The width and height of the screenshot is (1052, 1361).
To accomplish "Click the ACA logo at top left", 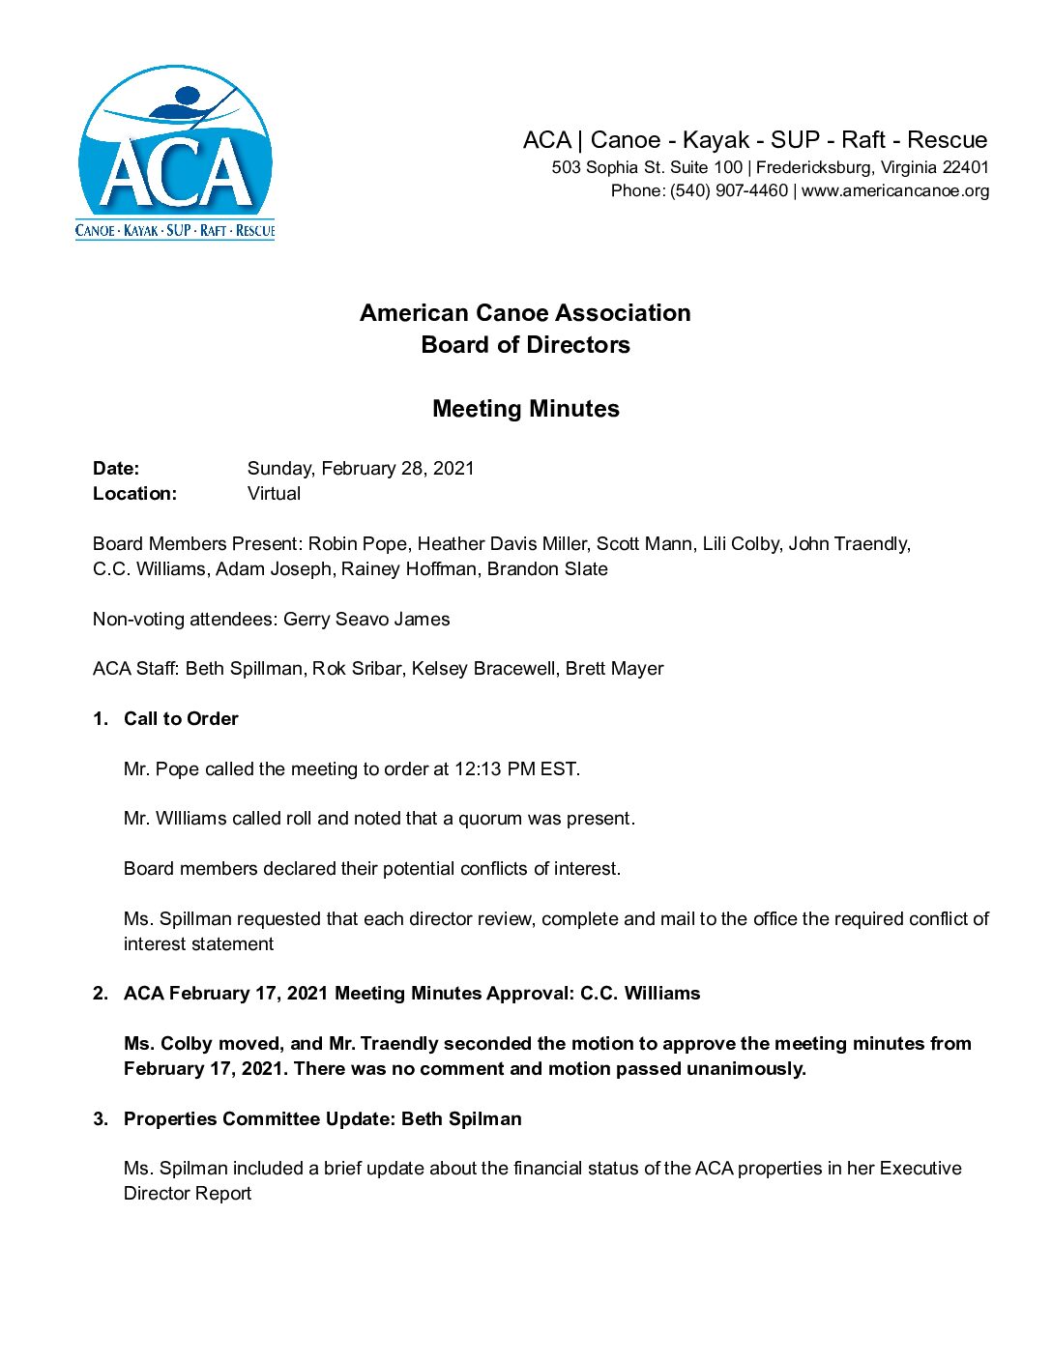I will (x=175, y=153).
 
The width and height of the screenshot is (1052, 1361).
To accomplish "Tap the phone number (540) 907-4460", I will (x=729, y=191).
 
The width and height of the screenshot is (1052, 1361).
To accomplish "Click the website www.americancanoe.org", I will (x=895, y=191).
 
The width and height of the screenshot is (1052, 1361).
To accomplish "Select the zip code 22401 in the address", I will (x=965, y=167).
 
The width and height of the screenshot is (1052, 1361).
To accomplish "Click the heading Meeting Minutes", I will (x=526, y=409).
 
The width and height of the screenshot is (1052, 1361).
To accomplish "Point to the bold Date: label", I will (x=116, y=469).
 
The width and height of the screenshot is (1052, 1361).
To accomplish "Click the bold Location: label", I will (x=134, y=494).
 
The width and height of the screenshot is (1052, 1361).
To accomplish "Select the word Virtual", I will (x=274, y=494).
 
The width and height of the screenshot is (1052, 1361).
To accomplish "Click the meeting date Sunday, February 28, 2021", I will (x=361, y=469).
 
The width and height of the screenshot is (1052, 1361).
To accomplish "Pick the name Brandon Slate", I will (x=547, y=569).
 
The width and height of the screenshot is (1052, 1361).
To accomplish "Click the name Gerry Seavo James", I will (x=366, y=620).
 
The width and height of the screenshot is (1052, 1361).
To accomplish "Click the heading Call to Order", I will (x=181, y=719).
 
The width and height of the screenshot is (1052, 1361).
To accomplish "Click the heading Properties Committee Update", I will (x=258, y=1119).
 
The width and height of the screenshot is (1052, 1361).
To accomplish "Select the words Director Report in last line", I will (x=188, y=1194).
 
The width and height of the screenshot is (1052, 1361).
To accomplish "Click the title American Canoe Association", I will (x=525, y=313).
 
